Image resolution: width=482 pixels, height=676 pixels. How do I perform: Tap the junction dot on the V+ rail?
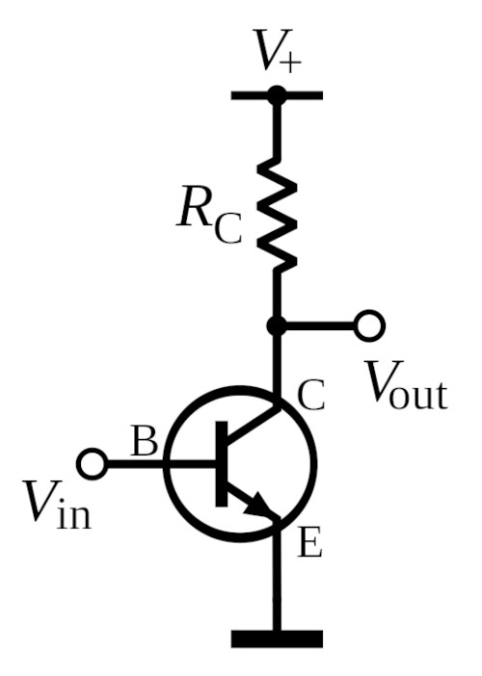click(277, 95)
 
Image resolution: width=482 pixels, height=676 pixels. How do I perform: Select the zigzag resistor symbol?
click(277, 214)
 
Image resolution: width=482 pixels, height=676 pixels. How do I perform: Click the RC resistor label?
click(209, 215)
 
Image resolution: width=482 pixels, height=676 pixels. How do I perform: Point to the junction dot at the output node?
click(277, 325)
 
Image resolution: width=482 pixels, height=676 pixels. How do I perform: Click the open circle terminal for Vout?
click(369, 325)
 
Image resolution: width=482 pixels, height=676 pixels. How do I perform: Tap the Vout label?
click(406, 385)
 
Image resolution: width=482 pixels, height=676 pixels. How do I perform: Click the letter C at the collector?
click(311, 396)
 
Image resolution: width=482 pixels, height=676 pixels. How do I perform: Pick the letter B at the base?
click(145, 442)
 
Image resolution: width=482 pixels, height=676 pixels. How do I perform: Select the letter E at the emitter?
click(309, 543)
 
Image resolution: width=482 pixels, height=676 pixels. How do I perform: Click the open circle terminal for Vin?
click(93, 464)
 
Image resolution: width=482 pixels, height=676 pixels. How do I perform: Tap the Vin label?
click(57, 505)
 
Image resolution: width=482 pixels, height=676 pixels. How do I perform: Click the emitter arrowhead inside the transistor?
click(260, 506)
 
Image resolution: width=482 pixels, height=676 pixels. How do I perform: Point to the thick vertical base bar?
click(222, 464)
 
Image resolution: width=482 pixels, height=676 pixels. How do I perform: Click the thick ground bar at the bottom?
click(277, 638)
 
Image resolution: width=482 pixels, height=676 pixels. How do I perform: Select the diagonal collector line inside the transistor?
click(252, 426)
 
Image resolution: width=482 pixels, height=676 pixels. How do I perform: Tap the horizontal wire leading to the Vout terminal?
click(320, 325)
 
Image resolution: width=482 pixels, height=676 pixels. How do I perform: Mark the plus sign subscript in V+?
click(290, 64)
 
